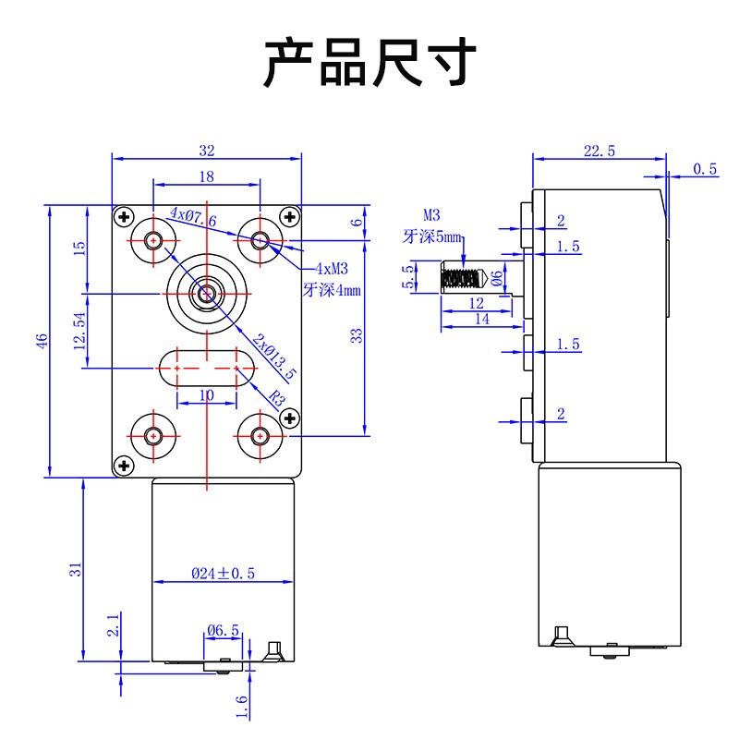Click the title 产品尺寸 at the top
pos(369,63)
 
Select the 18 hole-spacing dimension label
pos(206,176)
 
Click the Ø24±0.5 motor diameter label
pos(223,574)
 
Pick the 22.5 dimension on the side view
pos(600,151)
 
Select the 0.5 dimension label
pos(705,168)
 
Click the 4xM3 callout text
pos(332,269)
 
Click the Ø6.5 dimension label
pos(223,631)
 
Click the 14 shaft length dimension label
pos(480,319)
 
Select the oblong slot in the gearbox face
pos(207,368)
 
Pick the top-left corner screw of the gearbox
pos(123,217)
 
